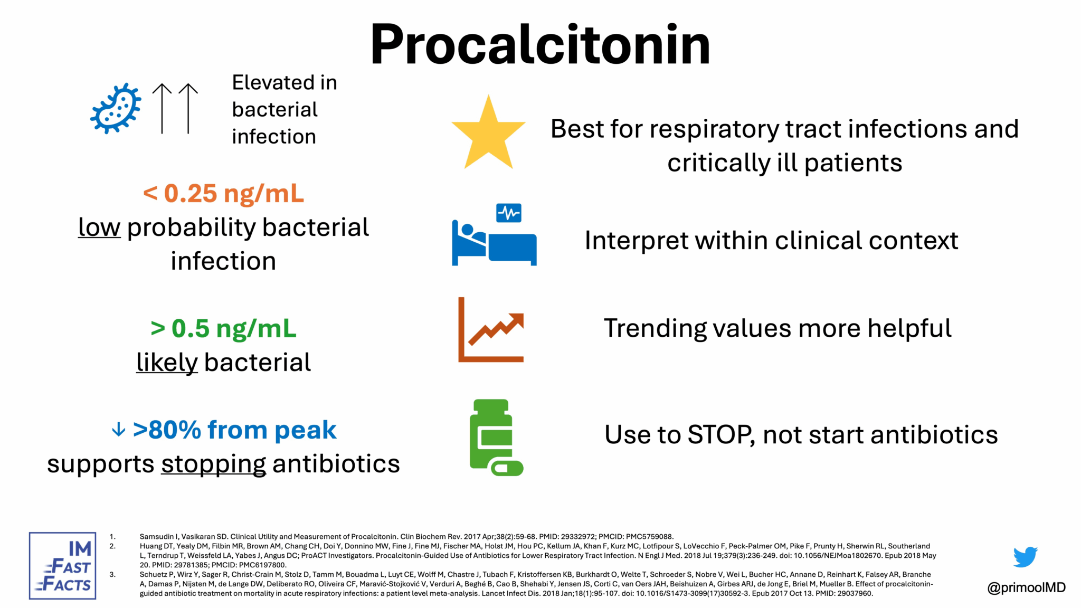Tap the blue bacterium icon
pos(116,108)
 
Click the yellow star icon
pos(488,135)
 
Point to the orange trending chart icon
pos(491,330)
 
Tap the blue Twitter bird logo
pos(1025,557)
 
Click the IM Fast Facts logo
pos(63,565)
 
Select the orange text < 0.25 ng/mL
pos(223,194)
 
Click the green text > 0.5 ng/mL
pos(223,328)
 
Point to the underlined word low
pos(99,227)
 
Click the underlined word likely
pos(167,363)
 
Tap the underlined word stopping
pos(213,464)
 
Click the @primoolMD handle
pos(1026,587)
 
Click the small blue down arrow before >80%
pos(119,430)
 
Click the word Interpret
pos(636,241)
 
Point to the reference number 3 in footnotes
pos(112,574)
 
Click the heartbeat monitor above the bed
pos(509,213)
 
